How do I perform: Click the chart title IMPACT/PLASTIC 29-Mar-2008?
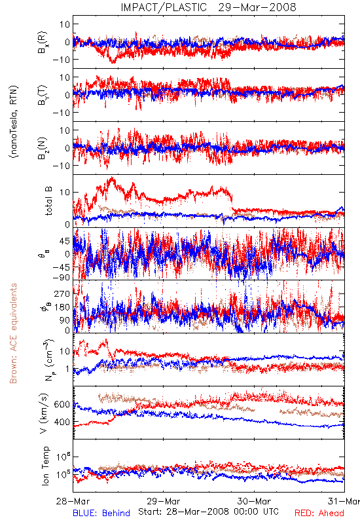pos(208,7)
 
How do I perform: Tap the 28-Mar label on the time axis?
pos(73,501)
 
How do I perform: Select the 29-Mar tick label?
pos(163,501)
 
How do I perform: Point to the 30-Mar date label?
pos(254,501)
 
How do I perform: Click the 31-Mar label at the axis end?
pos(344,501)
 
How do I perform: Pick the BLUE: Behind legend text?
pos(101,513)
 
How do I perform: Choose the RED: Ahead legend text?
pos(319,513)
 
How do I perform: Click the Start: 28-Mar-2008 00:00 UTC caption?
pos(208,512)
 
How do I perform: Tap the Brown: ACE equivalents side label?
pos(13,333)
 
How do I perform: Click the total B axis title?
pos(48,201)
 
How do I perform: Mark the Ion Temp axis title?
pos(45,466)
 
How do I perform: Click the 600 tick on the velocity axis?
pos(62,404)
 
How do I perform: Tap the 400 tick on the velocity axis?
pos(62,422)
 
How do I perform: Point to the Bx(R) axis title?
pos(43,43)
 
